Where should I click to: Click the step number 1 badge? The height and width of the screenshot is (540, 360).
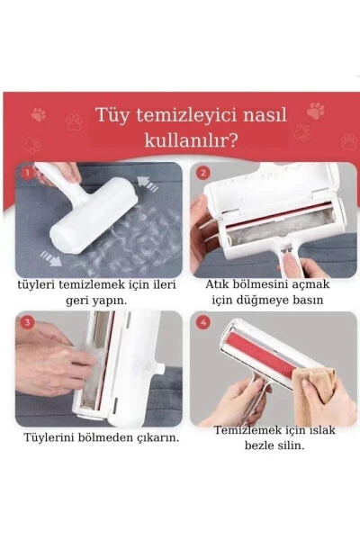pyautogui.click(x=27, y=171)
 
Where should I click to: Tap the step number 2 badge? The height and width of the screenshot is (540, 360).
pyautogui.click(x=202, y=172)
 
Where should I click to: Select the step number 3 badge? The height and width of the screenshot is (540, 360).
pyautogui.click(x=27, y=321)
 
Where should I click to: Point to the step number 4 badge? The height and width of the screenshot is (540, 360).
pyautogui.click(x=202, y=321)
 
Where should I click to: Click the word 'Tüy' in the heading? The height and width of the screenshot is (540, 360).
pyautogui.click(x=113, y=117)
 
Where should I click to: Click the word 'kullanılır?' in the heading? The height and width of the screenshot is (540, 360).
pyautogui.click(x=191, y=141)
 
